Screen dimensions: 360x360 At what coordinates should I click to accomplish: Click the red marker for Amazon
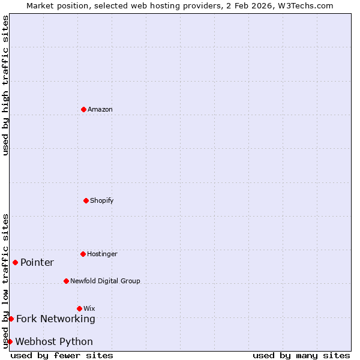[x=83, y=109]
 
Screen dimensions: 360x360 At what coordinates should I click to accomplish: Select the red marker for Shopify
[x=86, y=200]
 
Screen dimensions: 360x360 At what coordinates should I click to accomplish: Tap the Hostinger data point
[x=83, y=254]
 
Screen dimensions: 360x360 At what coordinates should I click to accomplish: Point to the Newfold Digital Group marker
[x=66, y=281]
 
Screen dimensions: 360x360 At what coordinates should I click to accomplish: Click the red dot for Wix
[x=79, y=308]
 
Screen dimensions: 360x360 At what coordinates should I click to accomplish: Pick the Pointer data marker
[x=15, y=262]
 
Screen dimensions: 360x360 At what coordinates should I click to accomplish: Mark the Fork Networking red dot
[x=11, y=319]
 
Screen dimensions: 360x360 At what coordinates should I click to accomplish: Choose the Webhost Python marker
[x=10, y=341]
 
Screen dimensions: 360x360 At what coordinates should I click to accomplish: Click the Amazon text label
[x=100, y=109]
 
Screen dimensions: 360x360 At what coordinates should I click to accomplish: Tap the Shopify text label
[x=102, y=200]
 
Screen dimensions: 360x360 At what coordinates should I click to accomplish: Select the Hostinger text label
[x=102, y=254]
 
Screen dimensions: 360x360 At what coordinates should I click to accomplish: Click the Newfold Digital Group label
[x=105, y=281]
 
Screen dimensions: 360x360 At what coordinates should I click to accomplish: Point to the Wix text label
[x=89, y=308]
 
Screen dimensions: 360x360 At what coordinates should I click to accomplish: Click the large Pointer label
[x=37, y=262]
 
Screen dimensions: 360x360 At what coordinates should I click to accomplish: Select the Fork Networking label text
[x=56, y=319]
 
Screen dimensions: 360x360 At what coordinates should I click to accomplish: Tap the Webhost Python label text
[x=54, y=341]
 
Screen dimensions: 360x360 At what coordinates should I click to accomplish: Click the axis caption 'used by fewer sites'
[x=62, y=355]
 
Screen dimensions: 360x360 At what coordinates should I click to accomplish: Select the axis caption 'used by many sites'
[x=301, y=355]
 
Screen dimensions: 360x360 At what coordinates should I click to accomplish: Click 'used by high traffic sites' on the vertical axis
[x=5, y=85]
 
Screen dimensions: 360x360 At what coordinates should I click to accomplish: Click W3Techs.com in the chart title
[x=305, y=5]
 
